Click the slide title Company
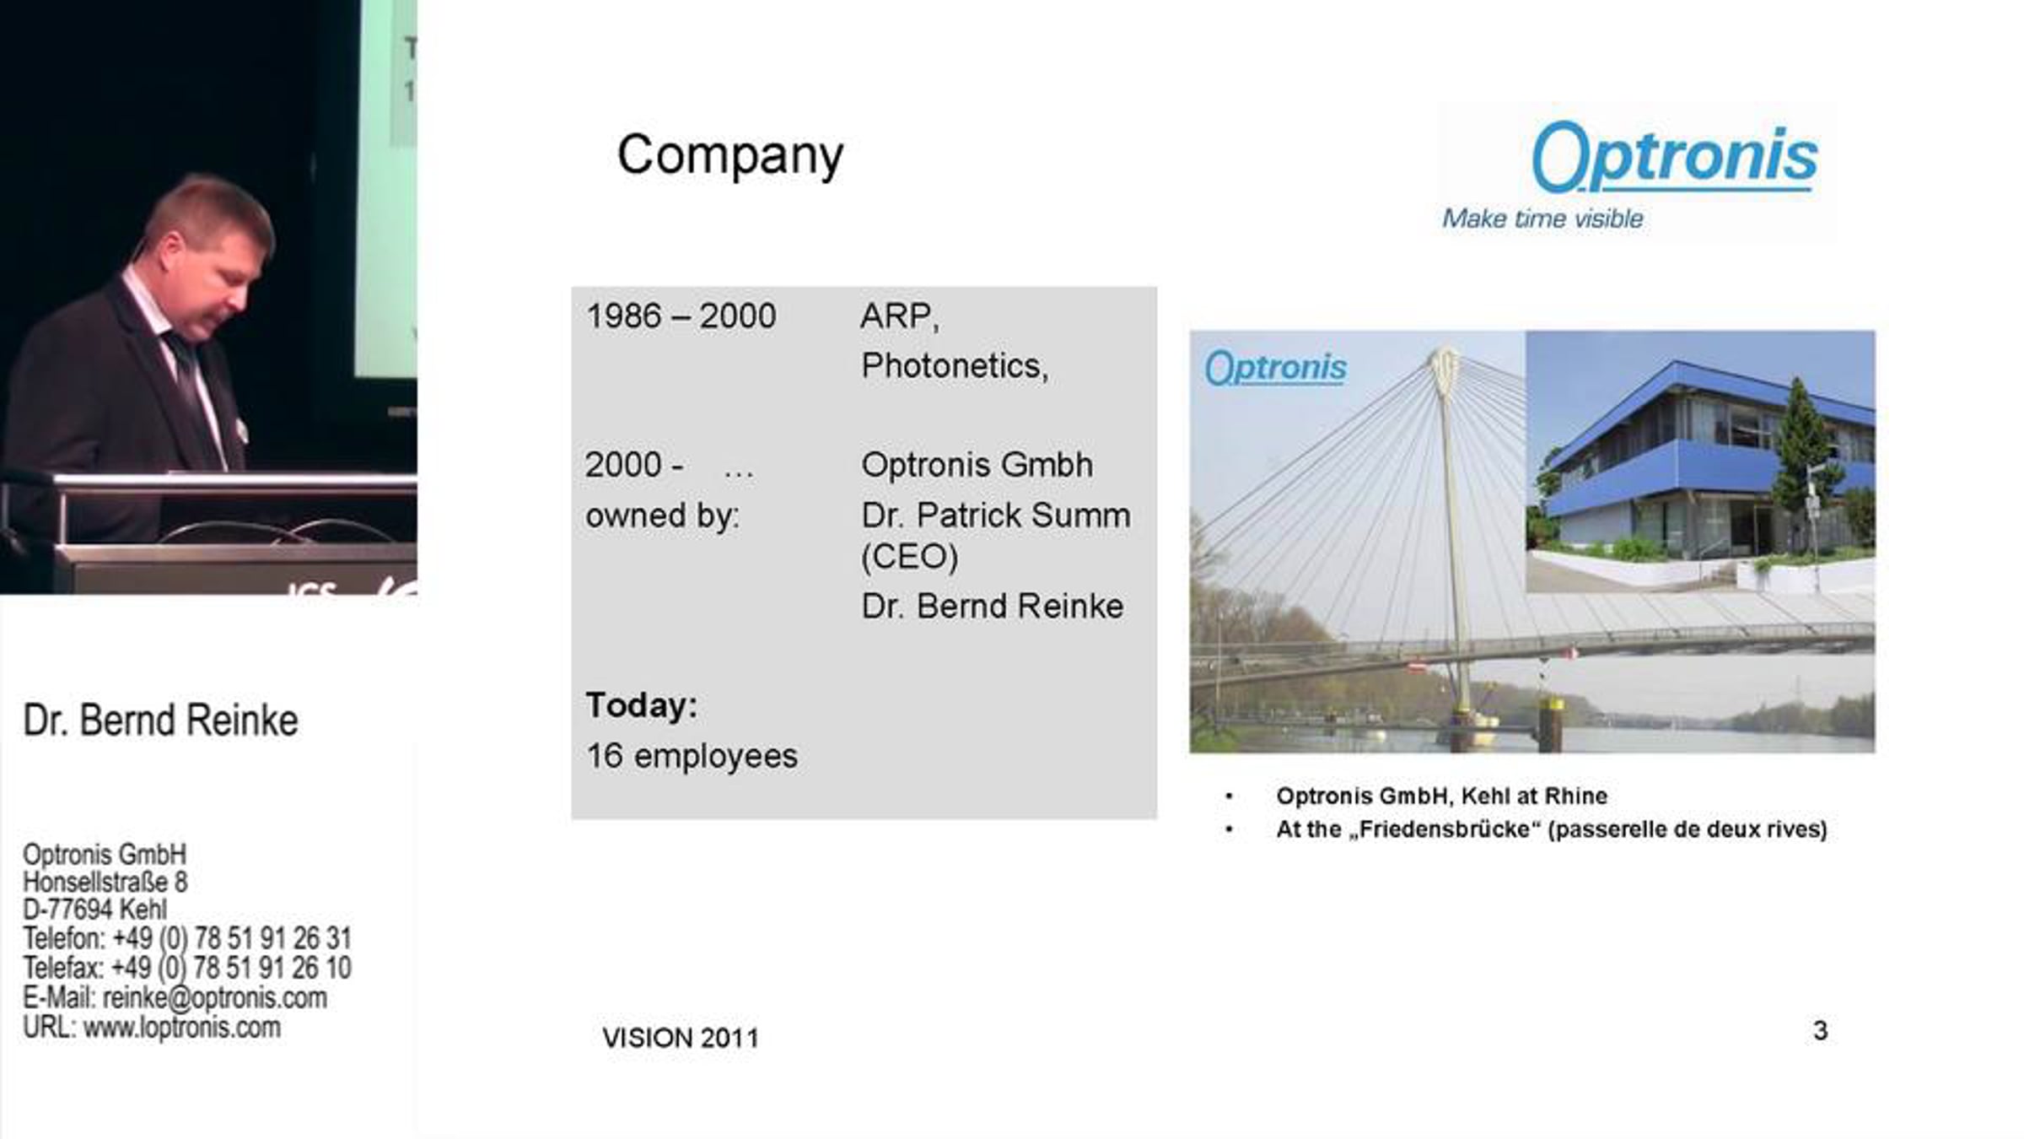[730, 156]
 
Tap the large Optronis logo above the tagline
[1674, 157]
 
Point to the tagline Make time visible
[1542, 219]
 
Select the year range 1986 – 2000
[681, 316]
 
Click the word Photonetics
[954, 366]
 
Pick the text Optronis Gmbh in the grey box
[977, 465]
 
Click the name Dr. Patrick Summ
[995, 515]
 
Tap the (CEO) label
[909, 557]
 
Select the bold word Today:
[642, 705]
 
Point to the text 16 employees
[692, 756]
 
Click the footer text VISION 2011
[681, 1038]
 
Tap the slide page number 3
[1820, 1030]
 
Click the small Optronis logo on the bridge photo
[1275, 368]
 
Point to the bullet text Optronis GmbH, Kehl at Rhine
[1441, 796]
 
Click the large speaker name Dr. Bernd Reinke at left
[160, 720]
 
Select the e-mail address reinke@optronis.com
[214, 998]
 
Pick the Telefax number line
[187, 968]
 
